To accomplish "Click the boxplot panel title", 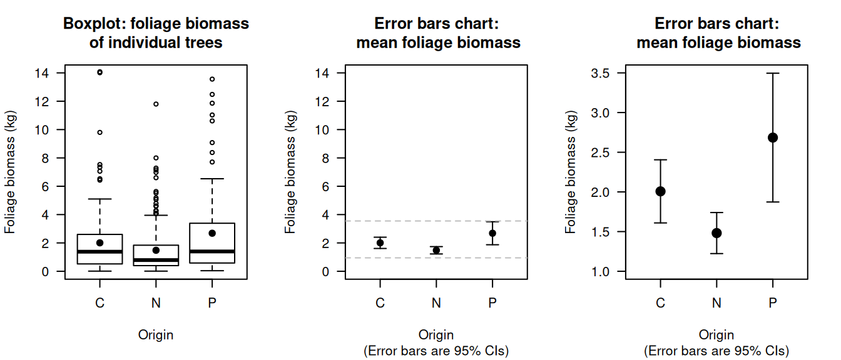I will [x=156, y=33].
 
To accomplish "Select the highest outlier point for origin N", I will [x=156, y=104].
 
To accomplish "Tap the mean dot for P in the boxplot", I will [x=212, y=233].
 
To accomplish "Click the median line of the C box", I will [x=99, y=251].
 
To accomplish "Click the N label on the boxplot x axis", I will [x=156, y=303].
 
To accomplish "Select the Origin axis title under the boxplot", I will [x=156, y=335].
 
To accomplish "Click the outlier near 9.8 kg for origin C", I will [x=99, y=132].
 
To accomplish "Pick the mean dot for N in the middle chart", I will [x=436, y=250].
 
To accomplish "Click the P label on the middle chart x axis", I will [x=492, y=303].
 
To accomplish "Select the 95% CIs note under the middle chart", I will [x=436, y=351].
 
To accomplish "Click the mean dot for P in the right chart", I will [x=773, y=137].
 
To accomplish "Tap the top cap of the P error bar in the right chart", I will [x=773, y=73].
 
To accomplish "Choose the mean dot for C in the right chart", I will [x=660, y=191].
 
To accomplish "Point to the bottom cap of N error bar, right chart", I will [x=716, y=253].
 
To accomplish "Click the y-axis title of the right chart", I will [x=570, y=172].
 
